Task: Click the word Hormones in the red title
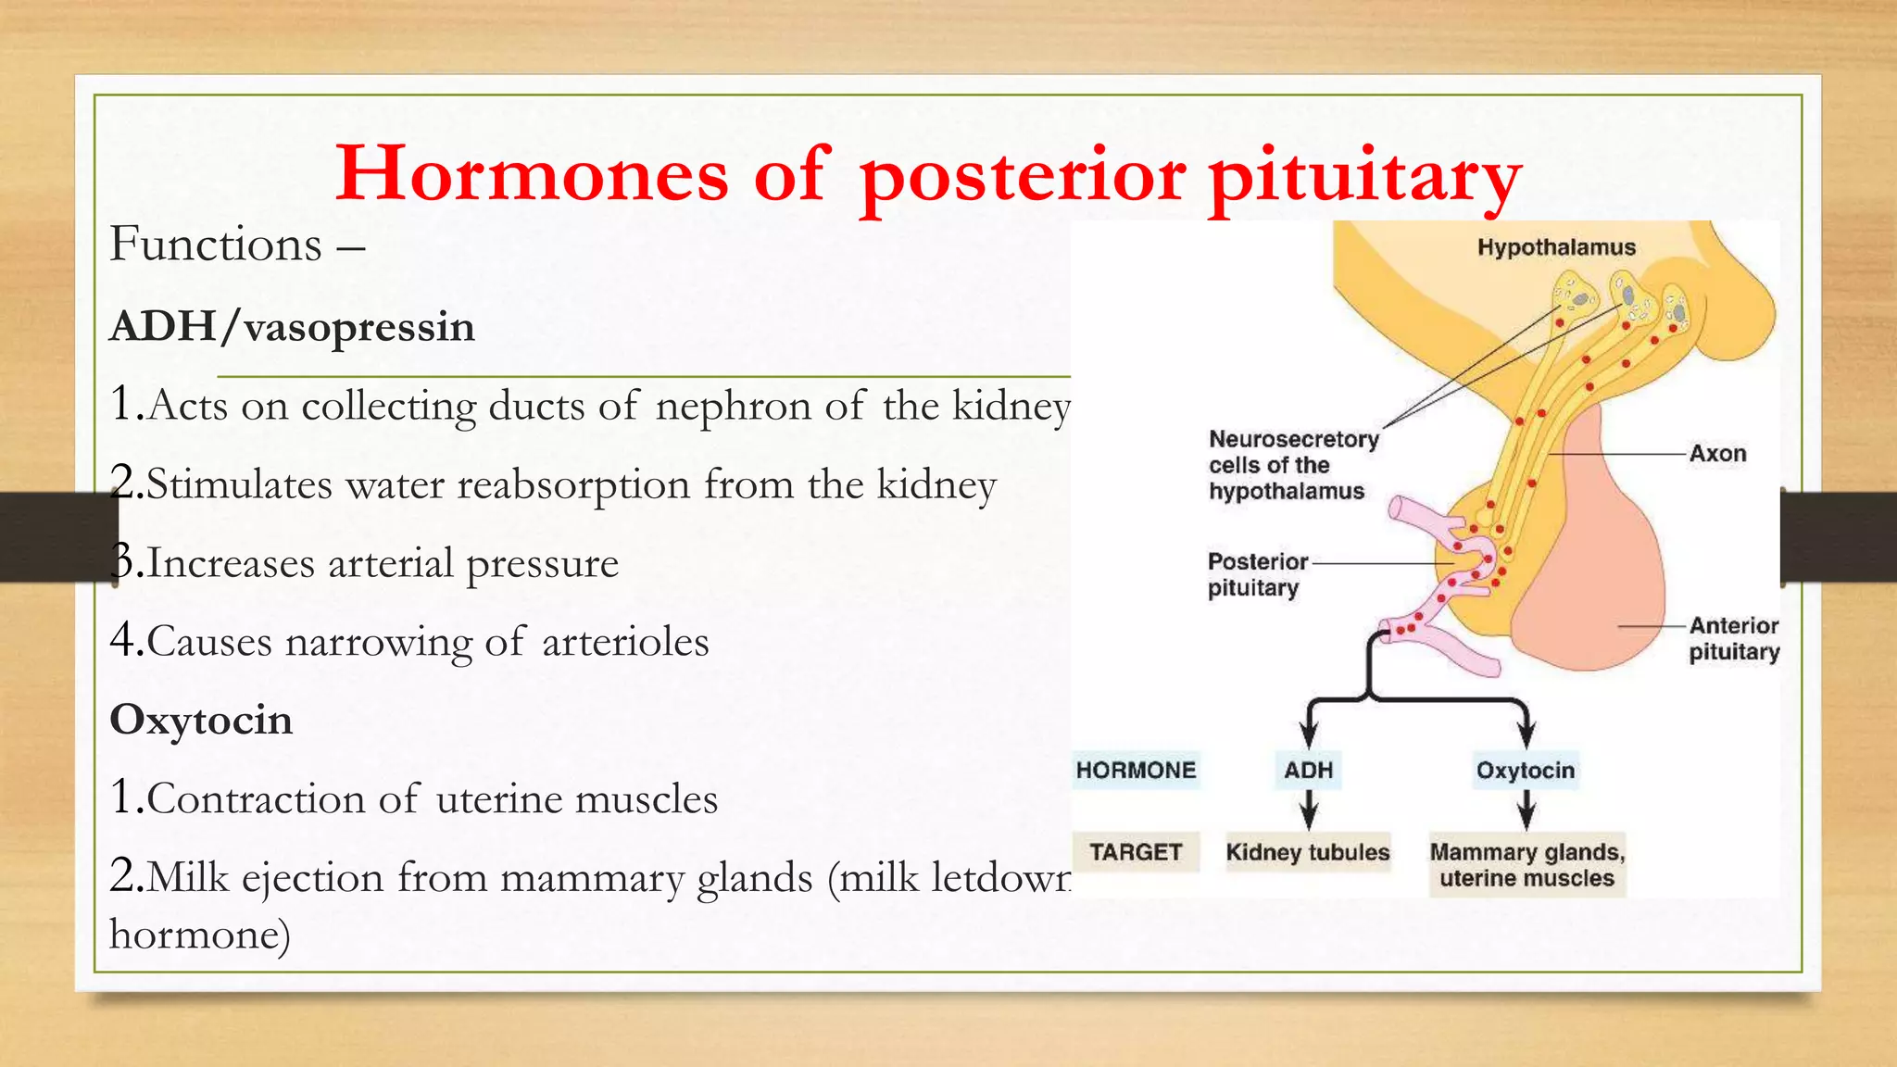[532, 174]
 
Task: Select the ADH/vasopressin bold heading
[293, 327]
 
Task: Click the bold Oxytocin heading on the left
[201, 721]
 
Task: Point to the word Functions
[216, 245]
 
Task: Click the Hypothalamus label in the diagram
[1556, 247]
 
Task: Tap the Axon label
[1717, 454]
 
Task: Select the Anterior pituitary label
[1733, 639]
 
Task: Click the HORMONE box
[1136, 771]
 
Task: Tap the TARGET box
[1136, 852]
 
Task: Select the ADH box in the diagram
[1308, 771]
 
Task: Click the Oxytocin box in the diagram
[1526, 771]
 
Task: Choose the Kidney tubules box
[1308, 852]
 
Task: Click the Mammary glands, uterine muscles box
[1527, 865]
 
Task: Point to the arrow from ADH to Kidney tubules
[1308, 810]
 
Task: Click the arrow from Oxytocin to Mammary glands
[1526, 810]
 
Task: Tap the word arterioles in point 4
[625, 643]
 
